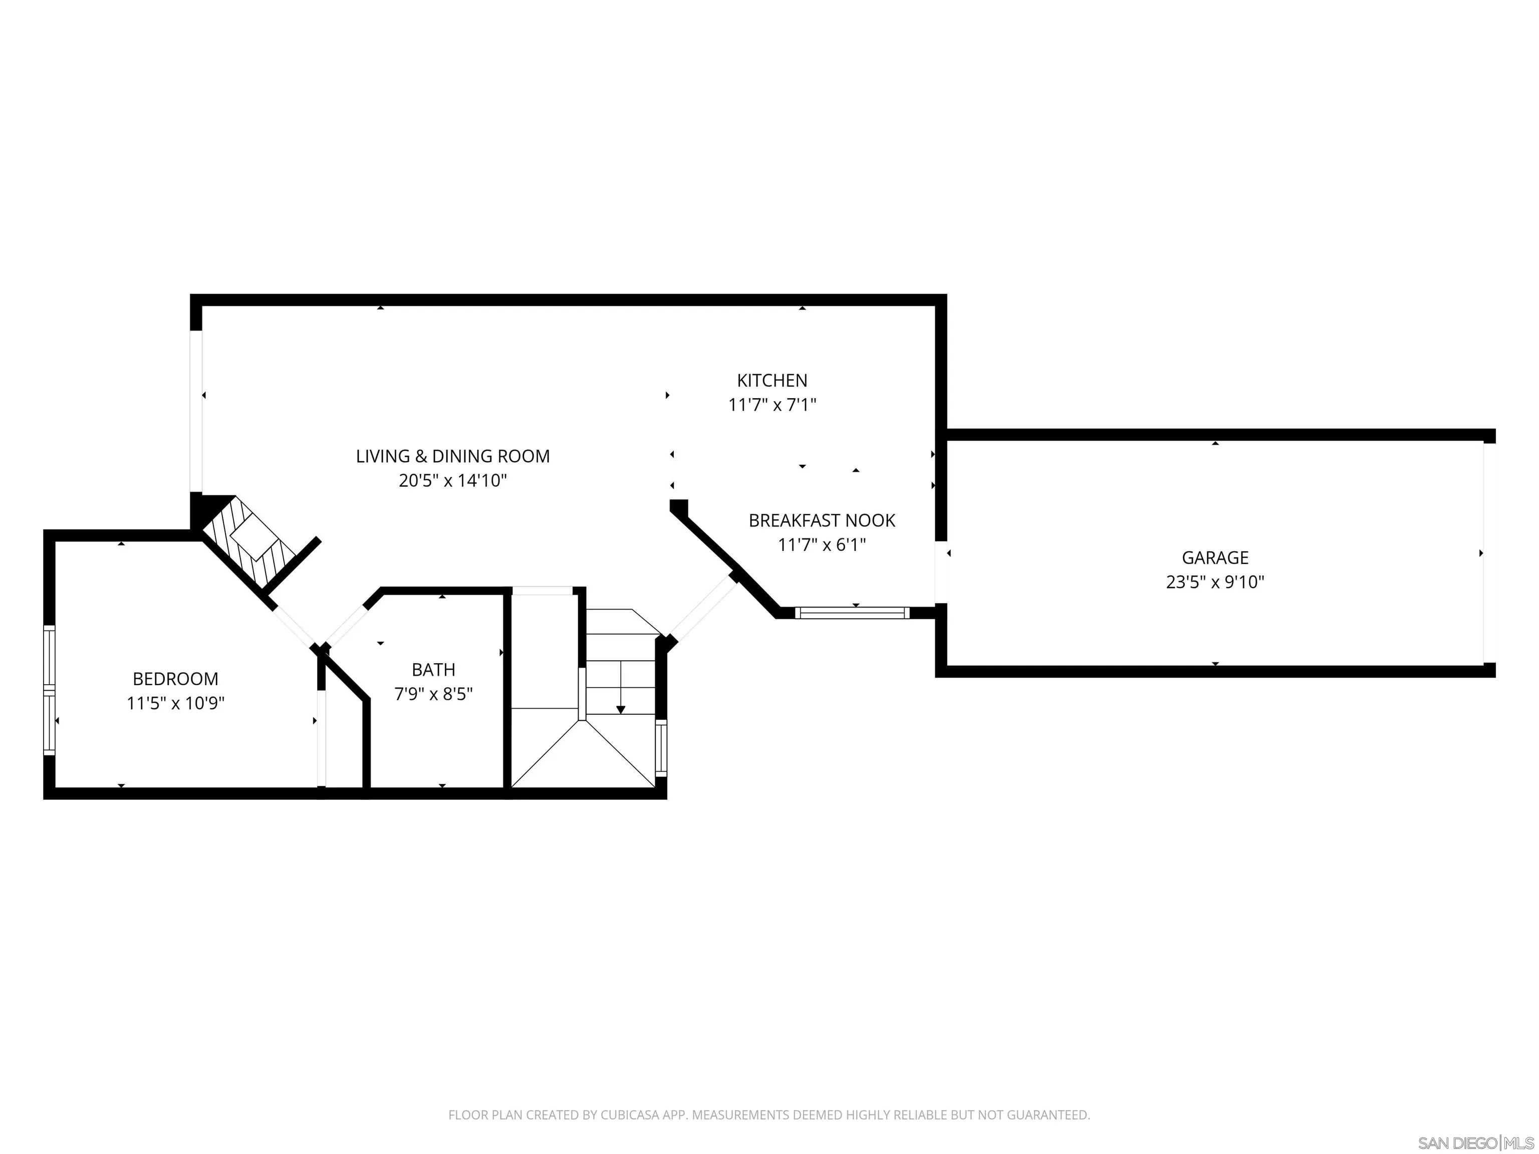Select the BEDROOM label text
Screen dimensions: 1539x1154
[175, 678]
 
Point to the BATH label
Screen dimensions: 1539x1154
[433, 669]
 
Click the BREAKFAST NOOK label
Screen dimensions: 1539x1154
[822, 520]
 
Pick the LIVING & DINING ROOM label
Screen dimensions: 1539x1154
[453, 456]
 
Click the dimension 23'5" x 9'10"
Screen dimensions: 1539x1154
[1215, 582]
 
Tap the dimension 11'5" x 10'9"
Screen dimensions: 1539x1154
[175, 703]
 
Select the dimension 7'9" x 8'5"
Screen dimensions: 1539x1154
[433, 694]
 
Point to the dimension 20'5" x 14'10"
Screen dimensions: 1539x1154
[453, 481]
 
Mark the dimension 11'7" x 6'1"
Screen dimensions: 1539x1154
[822, 544]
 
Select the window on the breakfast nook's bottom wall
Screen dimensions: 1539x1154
[852, 613]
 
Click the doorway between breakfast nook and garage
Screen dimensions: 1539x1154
[941, 572]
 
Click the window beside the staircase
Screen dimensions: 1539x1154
[661, 748]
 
